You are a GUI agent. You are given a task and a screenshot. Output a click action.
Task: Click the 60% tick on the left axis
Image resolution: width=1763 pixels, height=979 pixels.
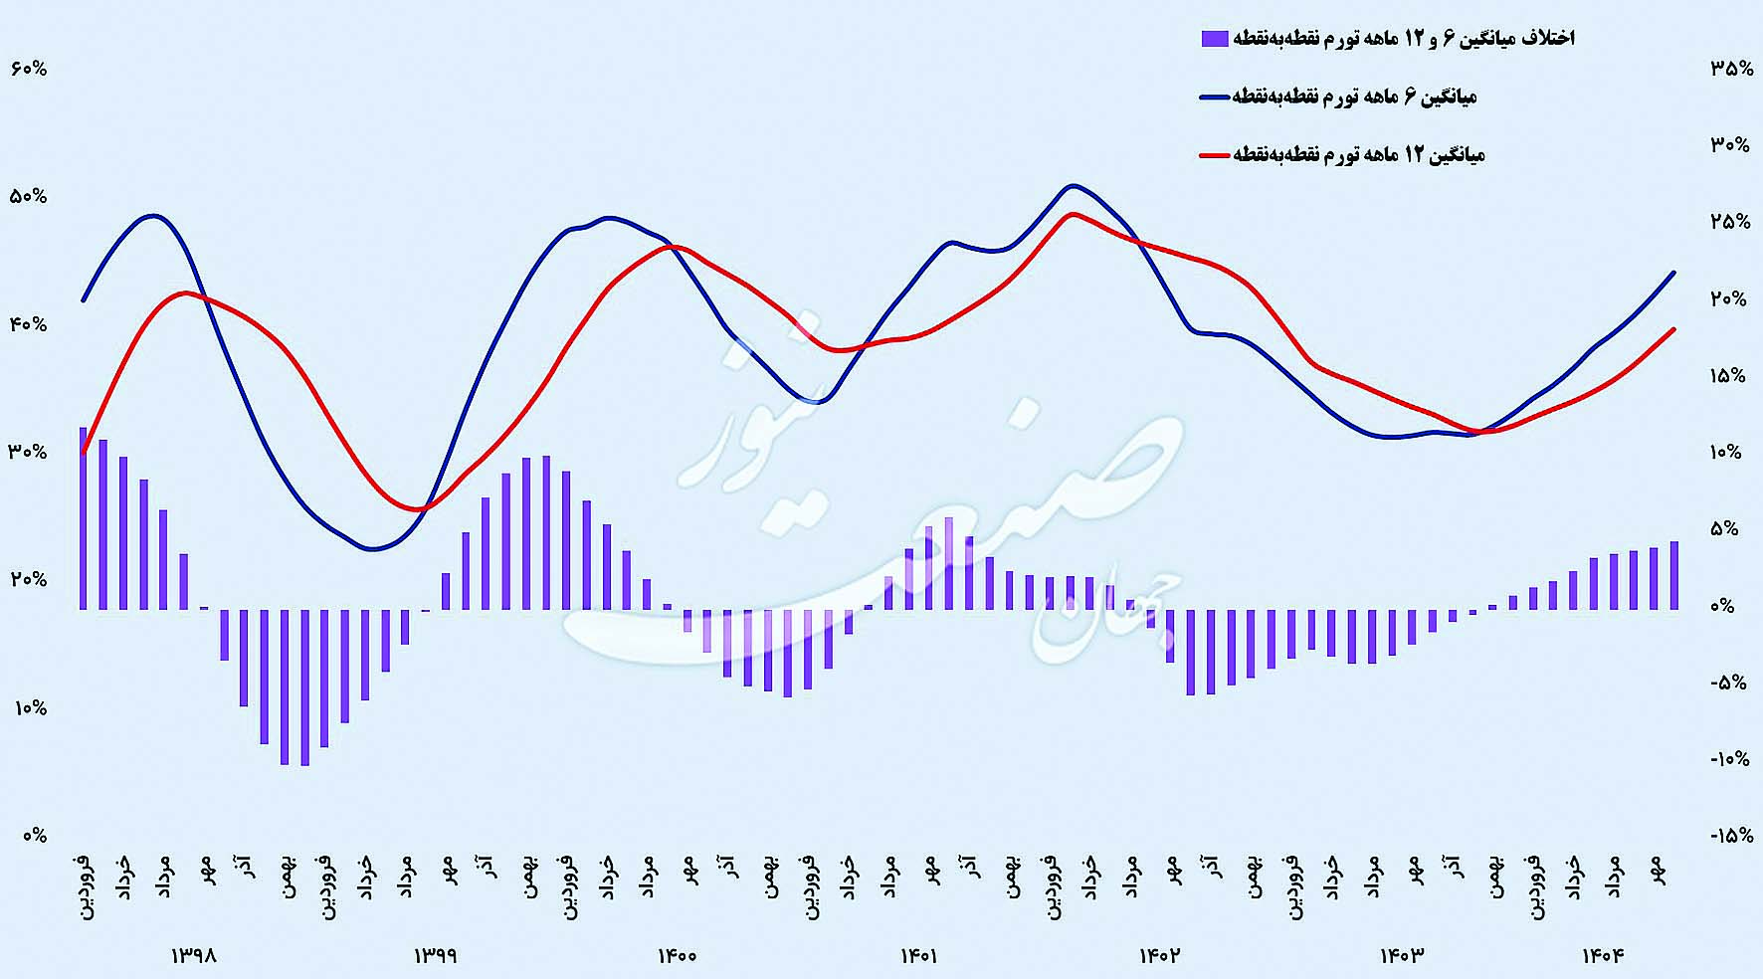(29, 69)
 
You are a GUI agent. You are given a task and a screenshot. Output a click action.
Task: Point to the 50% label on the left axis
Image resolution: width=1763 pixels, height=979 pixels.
(29, 196)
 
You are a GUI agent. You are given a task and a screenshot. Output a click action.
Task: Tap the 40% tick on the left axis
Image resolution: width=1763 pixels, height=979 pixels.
(29, 324)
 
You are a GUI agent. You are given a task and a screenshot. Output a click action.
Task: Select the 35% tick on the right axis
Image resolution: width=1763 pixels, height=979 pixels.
(1731, 69)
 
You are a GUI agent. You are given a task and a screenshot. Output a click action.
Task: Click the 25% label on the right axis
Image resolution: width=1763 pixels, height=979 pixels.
(1731, 222)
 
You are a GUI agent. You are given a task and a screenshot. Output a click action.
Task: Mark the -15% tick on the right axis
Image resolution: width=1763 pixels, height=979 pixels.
(1731, 836)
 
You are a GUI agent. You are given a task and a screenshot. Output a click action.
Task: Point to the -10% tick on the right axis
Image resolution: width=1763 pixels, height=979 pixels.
(1731, 759)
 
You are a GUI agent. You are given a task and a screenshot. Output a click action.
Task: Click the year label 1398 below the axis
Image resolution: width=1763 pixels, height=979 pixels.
(195, 955)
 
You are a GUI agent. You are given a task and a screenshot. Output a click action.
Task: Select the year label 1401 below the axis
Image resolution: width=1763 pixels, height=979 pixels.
(919, 955)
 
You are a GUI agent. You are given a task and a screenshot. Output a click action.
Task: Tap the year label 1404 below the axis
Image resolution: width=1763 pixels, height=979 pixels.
(1603, 955)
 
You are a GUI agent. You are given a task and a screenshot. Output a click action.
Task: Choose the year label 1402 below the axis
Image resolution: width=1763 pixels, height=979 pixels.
(1160, 955)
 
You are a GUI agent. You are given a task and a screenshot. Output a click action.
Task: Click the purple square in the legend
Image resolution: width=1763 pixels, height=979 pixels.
(1214, 39)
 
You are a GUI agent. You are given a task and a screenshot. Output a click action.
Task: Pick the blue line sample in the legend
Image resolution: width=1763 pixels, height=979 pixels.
(1216, 98)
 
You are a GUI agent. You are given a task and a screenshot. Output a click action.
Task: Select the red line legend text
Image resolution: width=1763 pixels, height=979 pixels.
(1359, 154)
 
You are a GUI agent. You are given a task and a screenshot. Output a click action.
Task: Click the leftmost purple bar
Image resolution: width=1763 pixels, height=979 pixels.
(84, 517)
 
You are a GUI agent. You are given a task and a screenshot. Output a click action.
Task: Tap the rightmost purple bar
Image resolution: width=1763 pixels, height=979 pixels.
(1674, 575)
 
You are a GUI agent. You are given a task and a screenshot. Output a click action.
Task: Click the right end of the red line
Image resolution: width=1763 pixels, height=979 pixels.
(1674, 329)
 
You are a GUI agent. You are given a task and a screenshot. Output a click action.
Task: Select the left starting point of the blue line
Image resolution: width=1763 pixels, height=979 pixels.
(84, 299)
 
